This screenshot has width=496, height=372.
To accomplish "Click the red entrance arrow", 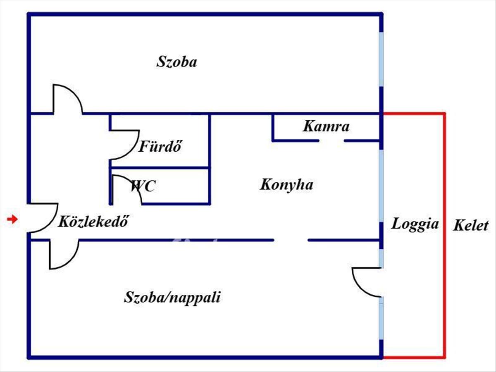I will click(13, 219).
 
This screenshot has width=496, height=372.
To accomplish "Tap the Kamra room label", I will click(326, 126).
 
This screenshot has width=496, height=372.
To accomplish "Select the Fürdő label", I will click(160, 146).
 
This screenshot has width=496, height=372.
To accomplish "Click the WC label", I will click(143, 186).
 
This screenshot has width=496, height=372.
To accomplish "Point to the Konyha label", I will click(286, 184).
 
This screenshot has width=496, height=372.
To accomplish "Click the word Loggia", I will click(415, 224).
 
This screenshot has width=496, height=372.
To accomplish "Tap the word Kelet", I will click(471, 226).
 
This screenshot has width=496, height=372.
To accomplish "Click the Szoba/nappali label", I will click(172, 297).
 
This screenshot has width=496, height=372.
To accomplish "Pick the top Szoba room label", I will click(176, 62).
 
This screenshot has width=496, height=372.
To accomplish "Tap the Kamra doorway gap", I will click(331, 141).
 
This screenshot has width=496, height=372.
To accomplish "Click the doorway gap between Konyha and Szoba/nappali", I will click(291, 240).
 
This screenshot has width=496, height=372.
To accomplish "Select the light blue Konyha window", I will click(381, 186).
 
